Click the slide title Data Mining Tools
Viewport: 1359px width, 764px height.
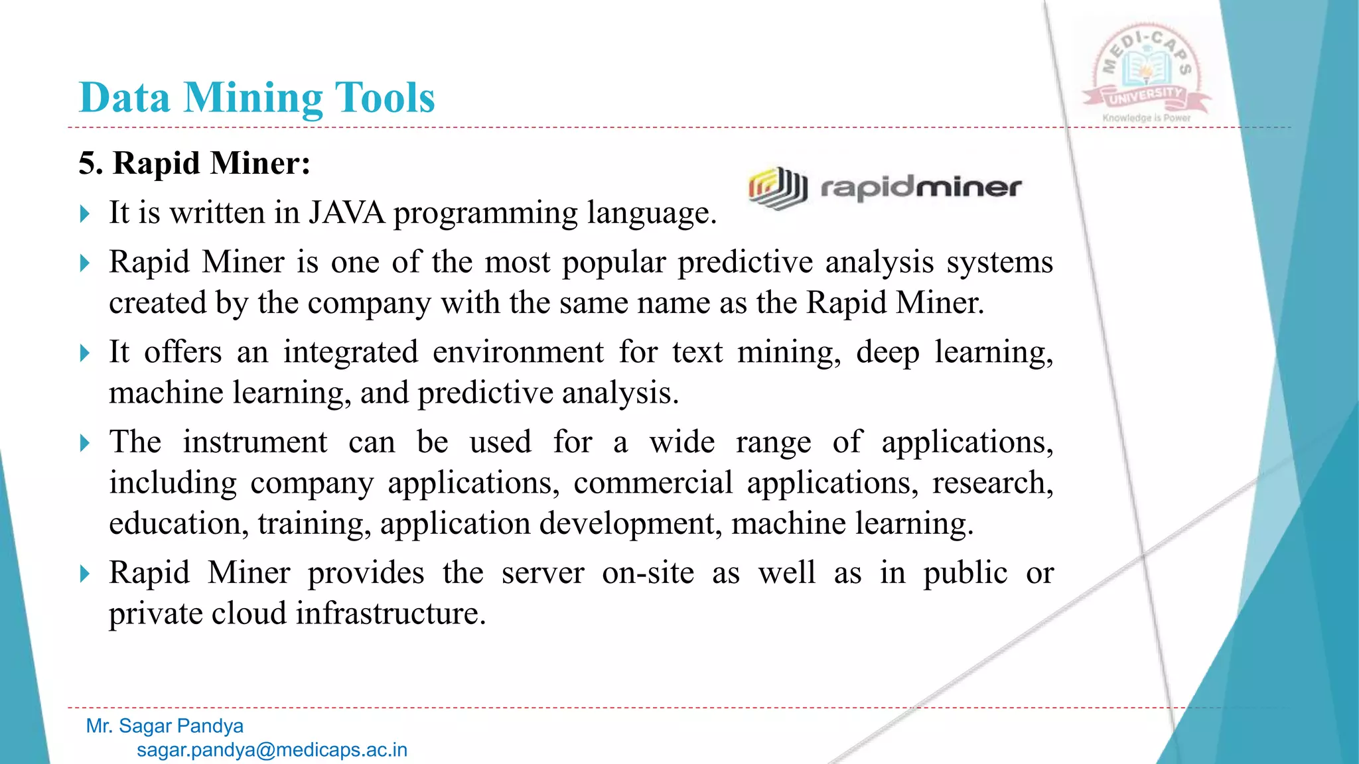coord(257,98)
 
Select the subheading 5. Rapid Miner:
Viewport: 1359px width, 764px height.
coord(194,163)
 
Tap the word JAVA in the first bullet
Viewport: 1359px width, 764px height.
coord(346,213)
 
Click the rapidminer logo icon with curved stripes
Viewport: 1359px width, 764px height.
coord(777,188)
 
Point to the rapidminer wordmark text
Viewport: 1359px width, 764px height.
coord(921,188)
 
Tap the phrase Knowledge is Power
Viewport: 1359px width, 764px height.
coord(1147,118)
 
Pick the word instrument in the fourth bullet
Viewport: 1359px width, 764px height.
coord(255,442)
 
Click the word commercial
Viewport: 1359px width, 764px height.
coord(653,483)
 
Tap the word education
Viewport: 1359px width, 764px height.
coord(175,524)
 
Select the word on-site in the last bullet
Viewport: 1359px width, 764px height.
coord(648,573)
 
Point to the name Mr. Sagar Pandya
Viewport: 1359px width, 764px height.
coord(165,726)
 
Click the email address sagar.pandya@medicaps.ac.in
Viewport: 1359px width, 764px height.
coord(272,750)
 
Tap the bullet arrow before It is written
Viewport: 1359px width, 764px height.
coord(84,214)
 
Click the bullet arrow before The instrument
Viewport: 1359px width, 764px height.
coord(84,443)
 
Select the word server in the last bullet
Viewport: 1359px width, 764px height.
coord(542,573)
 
